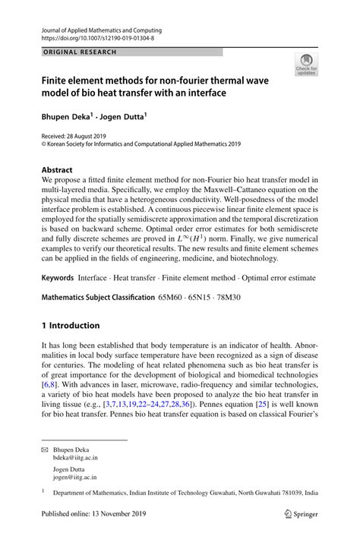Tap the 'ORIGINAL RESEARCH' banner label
click(x=80, y=52)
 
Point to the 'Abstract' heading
click(x=57, y=170)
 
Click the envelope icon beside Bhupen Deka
click(x=45, y=450)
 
